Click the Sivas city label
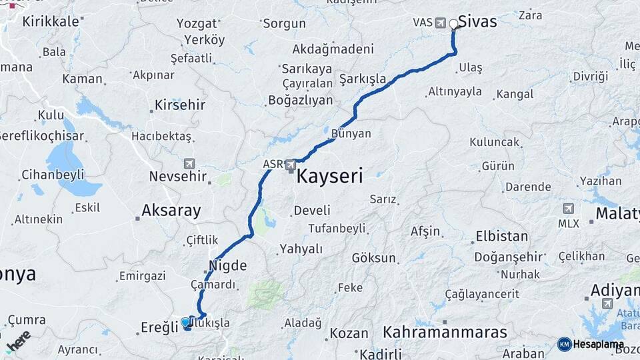[x=478, y=21]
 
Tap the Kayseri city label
[x=329, y=176]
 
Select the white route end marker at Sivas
[x=454, y=25]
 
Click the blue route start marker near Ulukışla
[x=185, y=322]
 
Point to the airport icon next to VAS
[x=440, y=23]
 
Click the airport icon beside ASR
[x=291, y=164]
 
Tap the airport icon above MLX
[x=568, y=209]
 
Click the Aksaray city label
[x=171, y=211]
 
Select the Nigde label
[x=227, y=265]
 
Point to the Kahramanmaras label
[x=445, y=331]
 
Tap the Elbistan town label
[x=501, y=237]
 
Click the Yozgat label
[x=197, y=23]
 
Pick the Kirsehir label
[x=179, y=105]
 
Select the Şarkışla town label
[x=363, y=79]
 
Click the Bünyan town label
[x=351, y=133]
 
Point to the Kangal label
[x=515, y=94]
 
